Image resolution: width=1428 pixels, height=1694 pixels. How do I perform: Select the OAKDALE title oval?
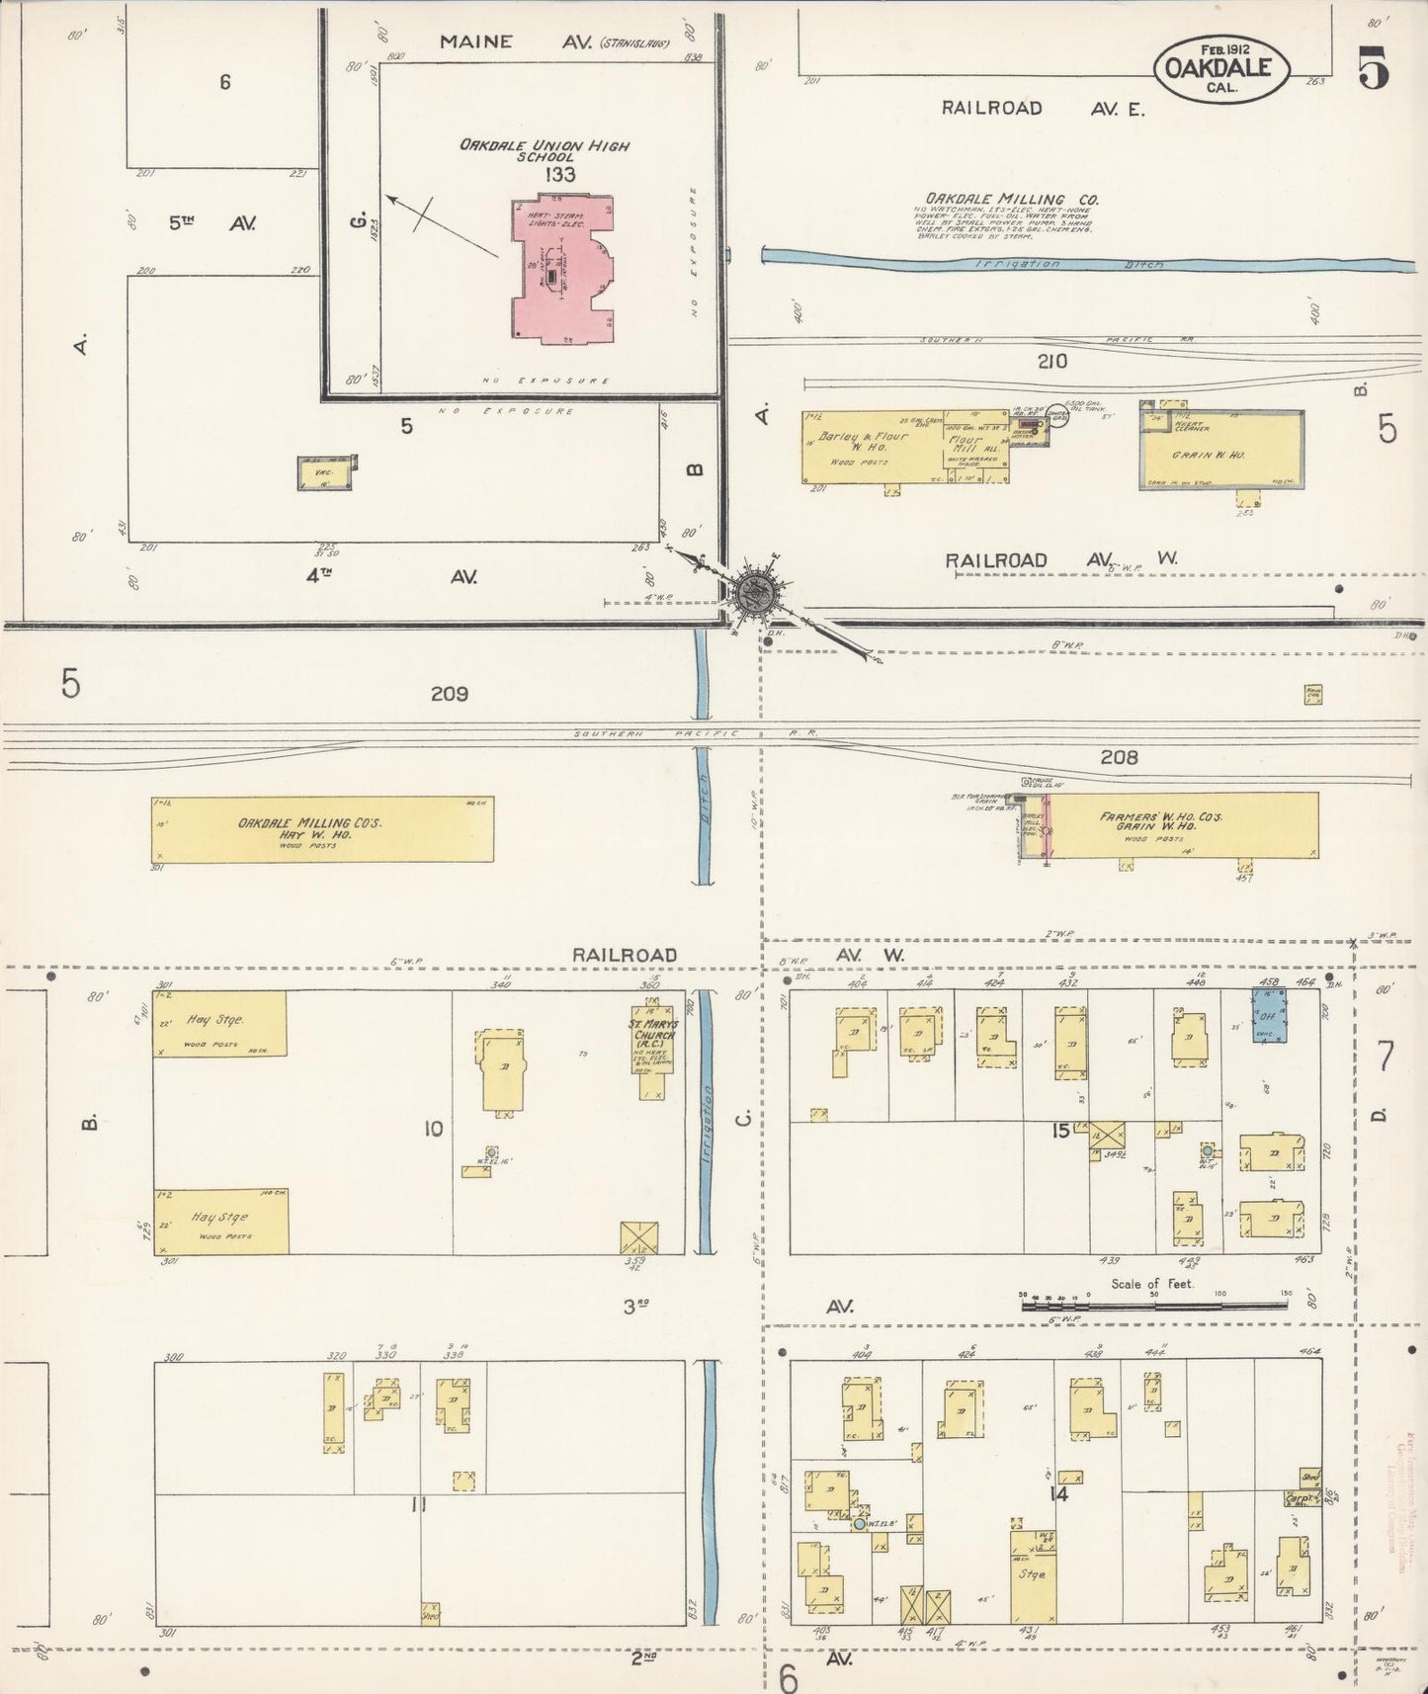[1221, 69]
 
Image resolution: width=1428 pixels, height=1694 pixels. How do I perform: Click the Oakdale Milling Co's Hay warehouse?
[322, 828]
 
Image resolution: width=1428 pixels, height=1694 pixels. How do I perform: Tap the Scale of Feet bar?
[1153, 1305]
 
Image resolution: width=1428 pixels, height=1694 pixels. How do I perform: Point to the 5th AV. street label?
[211, 223]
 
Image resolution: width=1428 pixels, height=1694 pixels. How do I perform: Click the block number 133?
[559, 175]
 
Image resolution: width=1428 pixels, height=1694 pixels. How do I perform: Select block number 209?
[449, 694]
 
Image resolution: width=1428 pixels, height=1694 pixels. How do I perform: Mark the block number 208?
[1119, 758]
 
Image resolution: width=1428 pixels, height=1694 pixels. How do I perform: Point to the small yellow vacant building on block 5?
[326, 474]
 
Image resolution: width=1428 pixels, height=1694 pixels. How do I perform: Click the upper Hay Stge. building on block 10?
[219, 1024]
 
